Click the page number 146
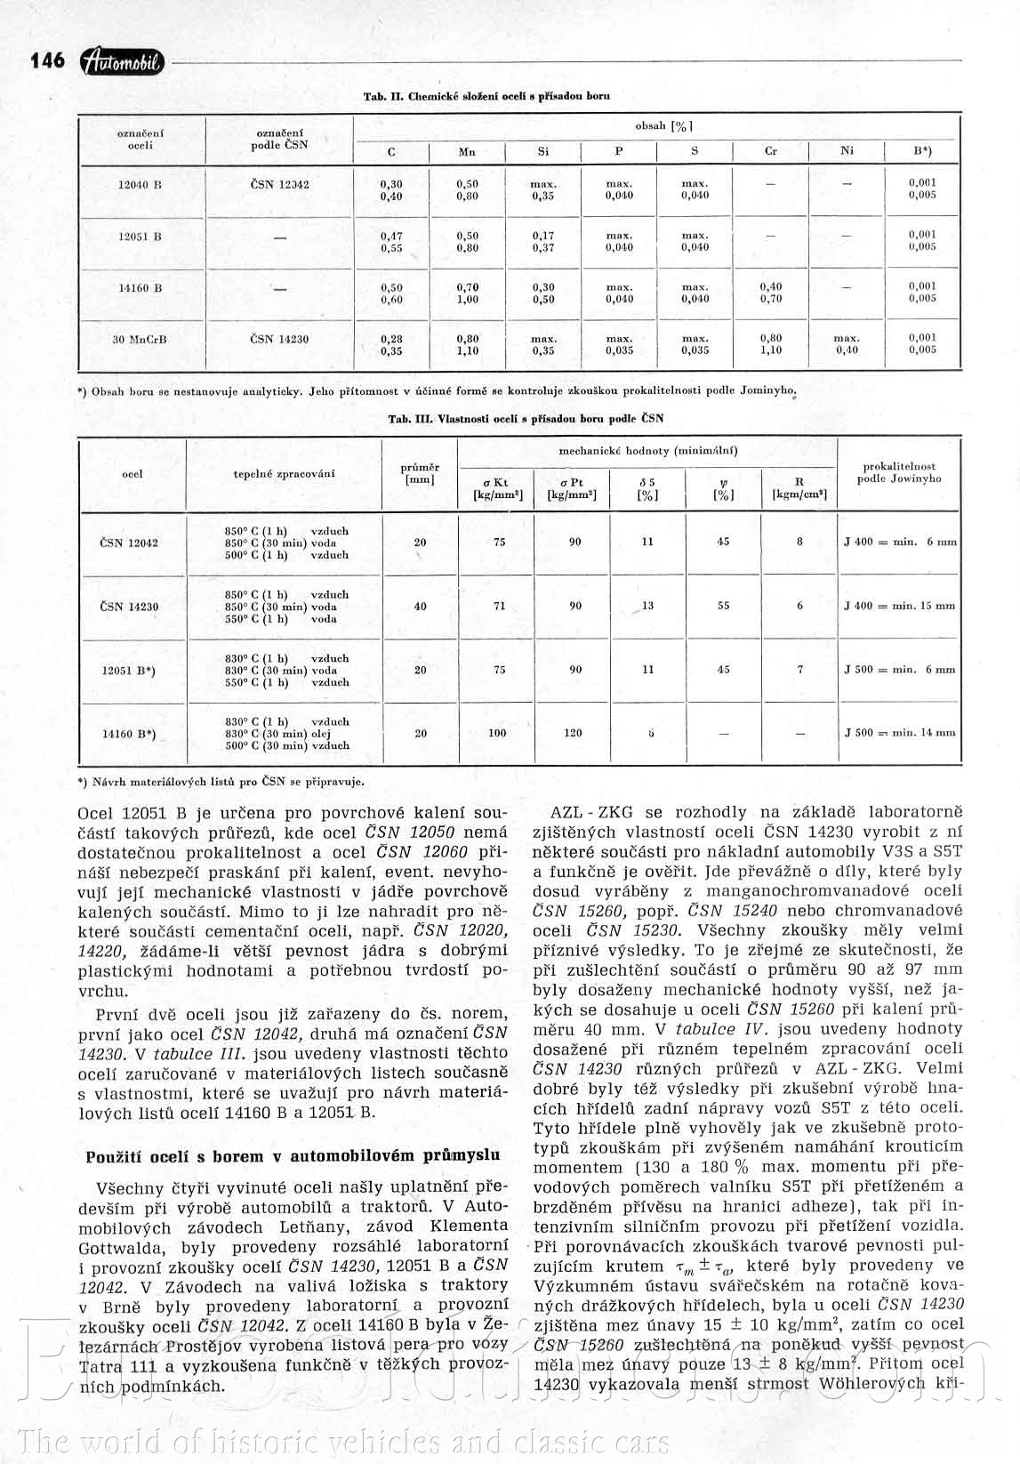tap(48, 60)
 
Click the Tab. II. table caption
tap(486, 96)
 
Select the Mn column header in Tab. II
tap(467, 152)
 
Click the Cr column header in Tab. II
tap(771, 152)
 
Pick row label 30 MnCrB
tap(140, 340)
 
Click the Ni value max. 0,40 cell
tap(847, 344)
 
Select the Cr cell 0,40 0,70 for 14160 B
tap(771, 293)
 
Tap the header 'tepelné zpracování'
tap(284, 474)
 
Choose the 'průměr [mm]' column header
tap(420, 473)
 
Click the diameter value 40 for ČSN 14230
tap(420, 607)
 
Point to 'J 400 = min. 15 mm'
tap(899, 606)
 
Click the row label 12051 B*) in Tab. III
tap(129, 671)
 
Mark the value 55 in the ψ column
tap(723, 606)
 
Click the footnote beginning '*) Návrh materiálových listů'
tap(221, 782)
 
